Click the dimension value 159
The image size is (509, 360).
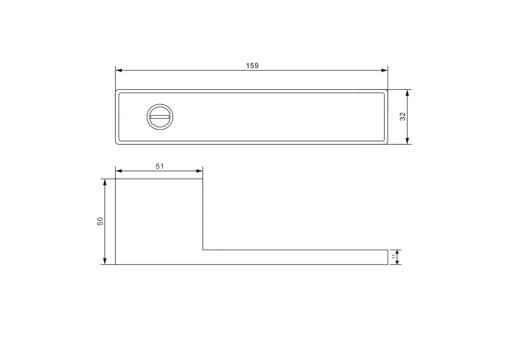coord(252,66)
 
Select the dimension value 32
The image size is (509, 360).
coord(403,116)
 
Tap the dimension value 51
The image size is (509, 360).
coord(159,166)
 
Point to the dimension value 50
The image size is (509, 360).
coord(100,221)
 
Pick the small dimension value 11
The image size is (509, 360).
coord(394,256)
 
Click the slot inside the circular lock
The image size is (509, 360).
coord(160,117)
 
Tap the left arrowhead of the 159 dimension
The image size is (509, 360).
coord(119,70)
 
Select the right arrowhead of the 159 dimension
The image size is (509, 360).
coord(384,70)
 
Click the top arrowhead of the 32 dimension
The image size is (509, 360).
coord(407,93)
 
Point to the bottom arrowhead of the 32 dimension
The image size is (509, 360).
coord(407,141)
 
